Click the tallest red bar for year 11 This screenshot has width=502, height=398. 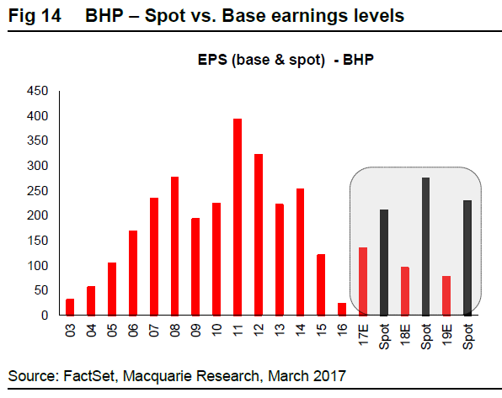click(x=238, y=217)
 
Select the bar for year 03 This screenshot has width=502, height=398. click(x=70, y=307)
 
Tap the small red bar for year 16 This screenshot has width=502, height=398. click(x=342, y=309)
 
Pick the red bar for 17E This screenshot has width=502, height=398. click(x=363, y=282)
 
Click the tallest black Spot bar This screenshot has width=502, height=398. click(x=426, y=247)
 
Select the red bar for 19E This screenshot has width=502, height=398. click(x=446, y=295)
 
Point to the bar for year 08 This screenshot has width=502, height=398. click(x=175, y=246)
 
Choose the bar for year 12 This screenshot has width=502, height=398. click(x=259, y=235)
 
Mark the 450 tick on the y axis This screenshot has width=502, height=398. click(x=37, y=91)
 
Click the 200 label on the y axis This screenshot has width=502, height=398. click(x=37, y=215)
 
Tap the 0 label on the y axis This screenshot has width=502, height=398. click(x=45, y=316)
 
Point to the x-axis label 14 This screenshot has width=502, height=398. click(x=301, y=330)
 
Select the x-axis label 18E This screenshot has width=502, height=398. click(x=405, y=335)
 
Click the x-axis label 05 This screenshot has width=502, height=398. click(x=112, y=330)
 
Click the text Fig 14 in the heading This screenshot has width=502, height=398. click(x=35, y=15)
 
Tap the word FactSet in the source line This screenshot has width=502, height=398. click(x=88, y=376)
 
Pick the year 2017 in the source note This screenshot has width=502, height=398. click(x=330, y=376)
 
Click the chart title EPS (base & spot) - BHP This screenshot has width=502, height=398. click(x=286, y=60)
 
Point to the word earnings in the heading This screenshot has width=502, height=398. click(x=309, y=16)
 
